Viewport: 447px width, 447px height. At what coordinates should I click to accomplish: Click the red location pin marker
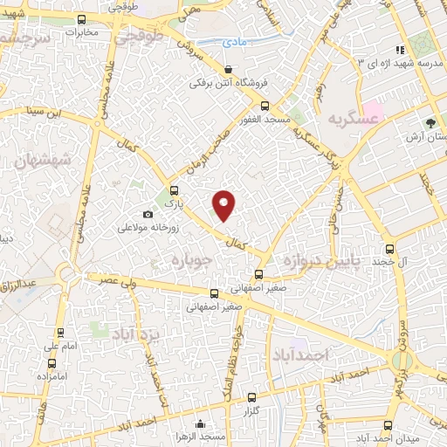[x=224, y=204]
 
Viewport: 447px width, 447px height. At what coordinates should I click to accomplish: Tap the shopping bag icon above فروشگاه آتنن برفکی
[x=228, y=70]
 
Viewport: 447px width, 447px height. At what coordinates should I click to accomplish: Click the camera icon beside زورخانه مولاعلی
[x=148, y=215]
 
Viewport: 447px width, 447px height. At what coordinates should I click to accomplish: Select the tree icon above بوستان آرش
[x=431, y=123]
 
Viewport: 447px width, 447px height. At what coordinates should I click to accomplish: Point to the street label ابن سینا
[x=67, y=110]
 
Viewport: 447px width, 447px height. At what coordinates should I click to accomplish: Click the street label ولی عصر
[x=120, y=279]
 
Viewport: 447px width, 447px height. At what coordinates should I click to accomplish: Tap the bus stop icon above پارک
[x=173, y=190]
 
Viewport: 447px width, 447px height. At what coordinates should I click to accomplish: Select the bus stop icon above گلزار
[x=252, y=397]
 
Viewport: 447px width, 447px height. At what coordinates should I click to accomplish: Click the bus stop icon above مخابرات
[x=82, y=19]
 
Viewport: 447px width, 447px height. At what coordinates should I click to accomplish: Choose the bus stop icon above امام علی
[x=60, y=332]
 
